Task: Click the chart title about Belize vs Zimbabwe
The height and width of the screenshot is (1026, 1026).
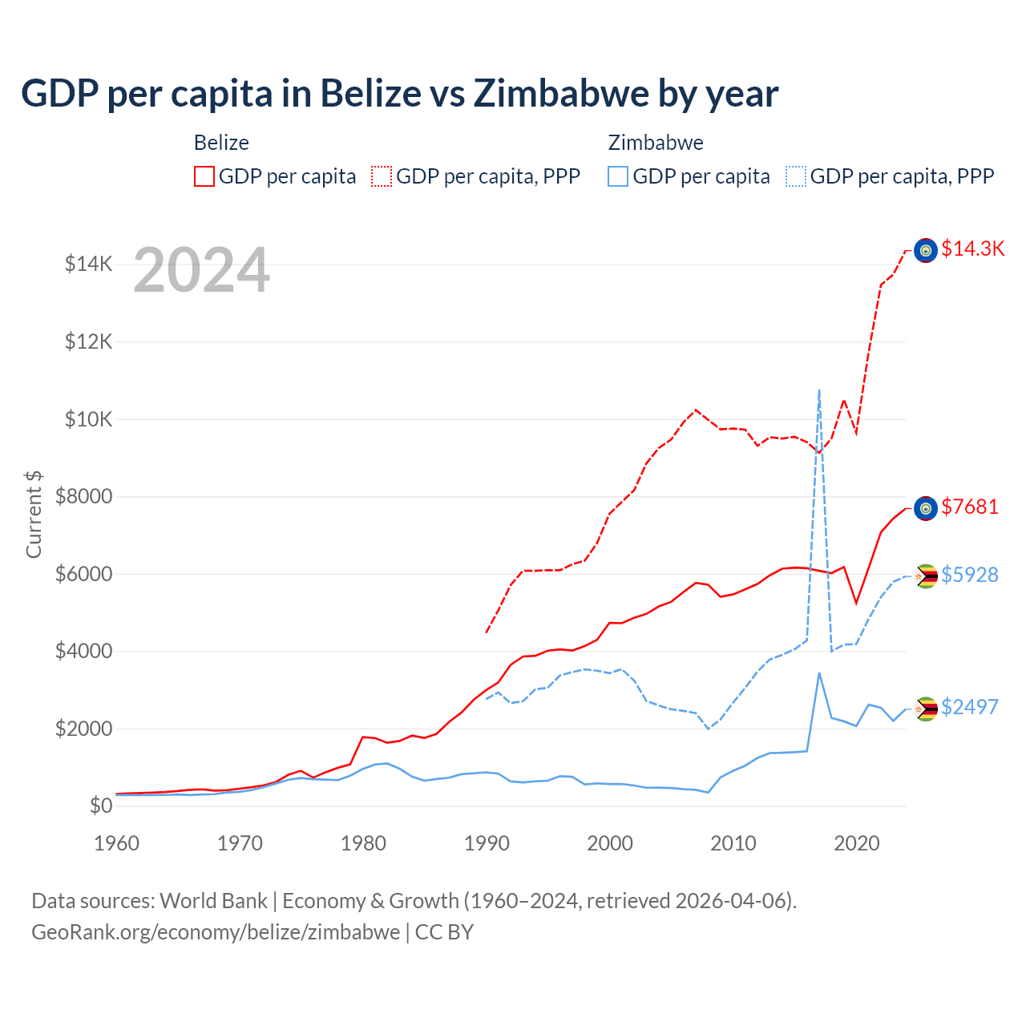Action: pos(399,94)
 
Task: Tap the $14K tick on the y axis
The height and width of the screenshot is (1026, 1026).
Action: pos(88,264)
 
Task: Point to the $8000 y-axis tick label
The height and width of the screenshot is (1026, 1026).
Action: pos(83,496)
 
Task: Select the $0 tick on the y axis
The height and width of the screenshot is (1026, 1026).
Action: pos(100,806)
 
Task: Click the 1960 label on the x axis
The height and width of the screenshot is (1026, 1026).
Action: pos(116,843)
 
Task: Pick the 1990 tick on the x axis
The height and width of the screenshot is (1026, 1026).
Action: pos(487,843)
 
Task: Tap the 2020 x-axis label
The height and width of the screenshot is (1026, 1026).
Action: pos(856,843)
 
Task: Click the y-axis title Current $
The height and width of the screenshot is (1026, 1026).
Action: pos(34,514)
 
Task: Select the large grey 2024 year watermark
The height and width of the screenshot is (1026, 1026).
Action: pos(201,270)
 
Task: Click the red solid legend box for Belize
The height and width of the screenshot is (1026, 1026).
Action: pos(204,176)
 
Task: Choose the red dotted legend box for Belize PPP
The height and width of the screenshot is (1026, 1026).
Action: pos(382,176)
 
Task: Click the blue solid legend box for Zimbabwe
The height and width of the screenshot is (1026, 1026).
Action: pos(618,176)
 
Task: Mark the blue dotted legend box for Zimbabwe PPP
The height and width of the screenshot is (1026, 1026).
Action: pos(796,176)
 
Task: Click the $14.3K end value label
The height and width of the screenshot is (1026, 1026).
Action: pos(972,249)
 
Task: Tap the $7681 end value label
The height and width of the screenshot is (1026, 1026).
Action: pos(970,507)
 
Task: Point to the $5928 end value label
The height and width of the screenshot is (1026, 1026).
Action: pos(970,576)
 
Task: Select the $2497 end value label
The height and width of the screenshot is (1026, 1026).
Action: pos(970,708)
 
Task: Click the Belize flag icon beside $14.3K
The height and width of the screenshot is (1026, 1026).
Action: pos(926,251)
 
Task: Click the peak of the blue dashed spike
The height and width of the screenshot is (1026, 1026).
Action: pos(818,390)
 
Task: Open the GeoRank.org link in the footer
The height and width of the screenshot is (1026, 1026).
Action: pos(216,932)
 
